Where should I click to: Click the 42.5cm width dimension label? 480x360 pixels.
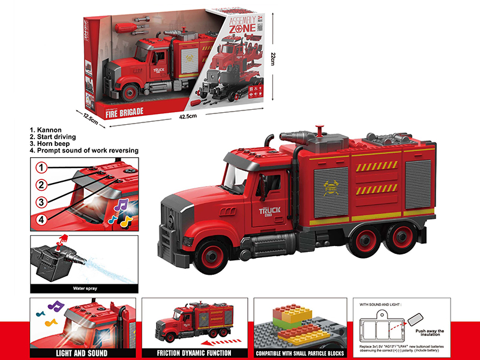(188, 116)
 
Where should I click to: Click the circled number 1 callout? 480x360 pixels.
(41, 166)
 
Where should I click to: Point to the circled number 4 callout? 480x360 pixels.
(41, 220)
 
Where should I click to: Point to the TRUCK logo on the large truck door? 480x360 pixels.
(271, 212)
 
